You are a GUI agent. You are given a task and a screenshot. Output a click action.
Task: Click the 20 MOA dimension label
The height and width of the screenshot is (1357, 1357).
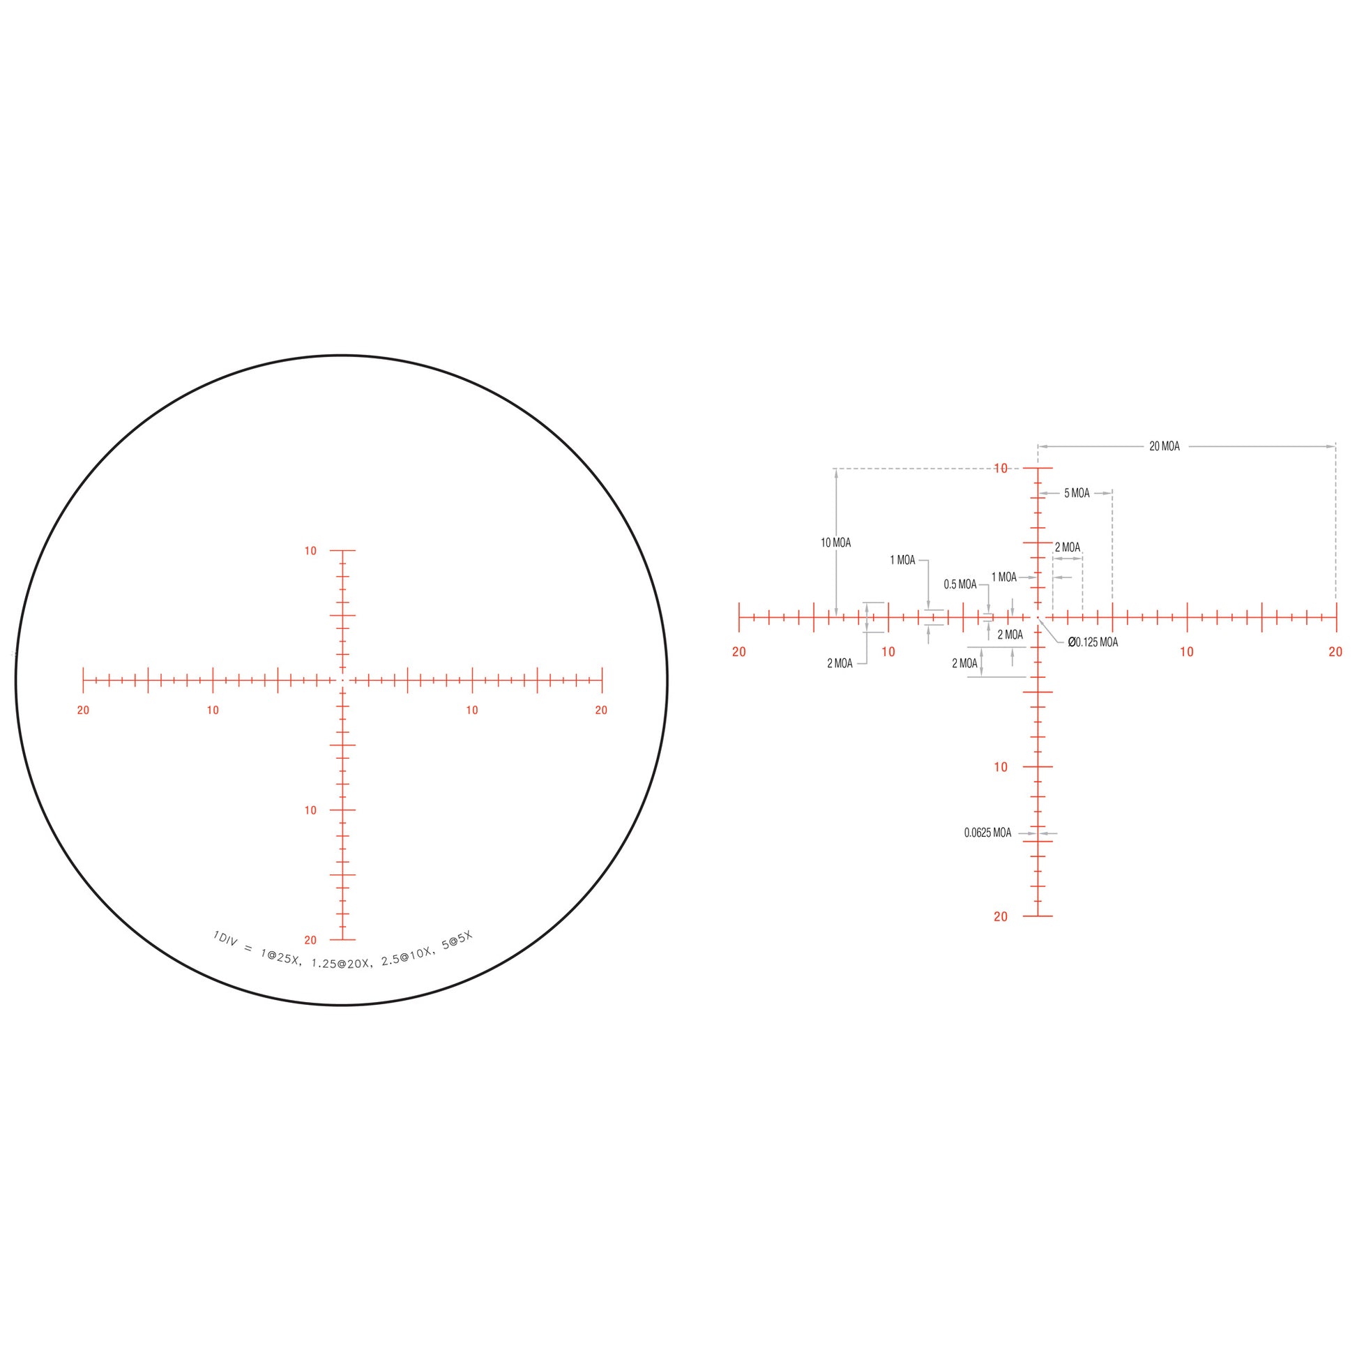pyautogui.click(x=1165, y=447)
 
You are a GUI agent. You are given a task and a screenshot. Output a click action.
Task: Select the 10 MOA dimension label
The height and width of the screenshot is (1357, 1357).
pyautogui.click(x=836, y=543)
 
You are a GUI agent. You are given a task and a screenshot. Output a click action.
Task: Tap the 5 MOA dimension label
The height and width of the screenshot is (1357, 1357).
pyautogui.click(x=1077, y=494)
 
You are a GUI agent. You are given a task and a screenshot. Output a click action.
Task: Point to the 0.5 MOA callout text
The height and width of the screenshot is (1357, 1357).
pyautogui.click(x=960, y=584)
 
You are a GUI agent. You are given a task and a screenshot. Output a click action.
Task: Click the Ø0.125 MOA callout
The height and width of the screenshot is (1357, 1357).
pyautogui.click(x=1093, y=642)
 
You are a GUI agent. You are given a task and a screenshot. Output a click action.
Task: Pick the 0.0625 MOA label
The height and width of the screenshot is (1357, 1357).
pyautogui.click(x=987, y=833)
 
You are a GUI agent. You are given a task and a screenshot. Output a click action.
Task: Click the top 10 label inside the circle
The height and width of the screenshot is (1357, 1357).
pyautogui.click(x=310, y=552)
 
